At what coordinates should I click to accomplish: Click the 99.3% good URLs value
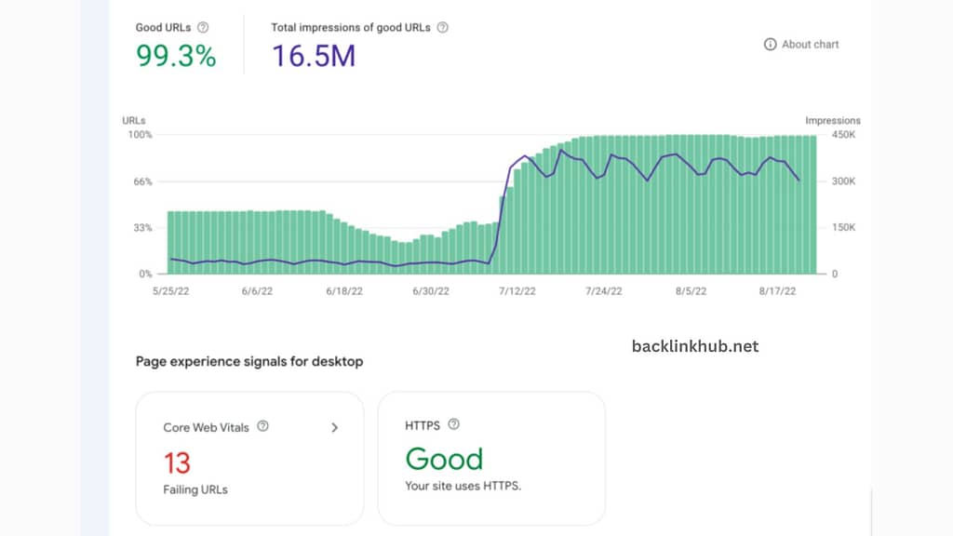pyautogui.click(x=176, y=56)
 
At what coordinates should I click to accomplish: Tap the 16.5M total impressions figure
pyautogui.click(x=314, y=56)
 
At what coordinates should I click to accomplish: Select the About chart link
pyautogui.click(x=801, y=44)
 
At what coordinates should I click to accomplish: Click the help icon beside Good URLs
pyautogui.click(x=202, y=28)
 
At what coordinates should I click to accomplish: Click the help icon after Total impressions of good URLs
pyautogui.click(x=442, y=28)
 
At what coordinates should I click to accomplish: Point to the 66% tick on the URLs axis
pyautogui.click(x=142, y=181)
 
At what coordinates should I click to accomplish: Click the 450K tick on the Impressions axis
pyautogui.click(x=843, y=135)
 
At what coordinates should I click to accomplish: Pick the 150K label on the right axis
pyautogui.click(x=843, y=228)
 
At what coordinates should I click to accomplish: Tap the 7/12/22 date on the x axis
pyautogui.click(x=517, y=290)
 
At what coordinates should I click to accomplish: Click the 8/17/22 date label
pyautogui.click(x=778, y=290)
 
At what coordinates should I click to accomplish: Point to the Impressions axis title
pyautogui.click(x=832, y=120)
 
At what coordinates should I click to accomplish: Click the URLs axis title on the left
pyautogui.click(x=134, y=120)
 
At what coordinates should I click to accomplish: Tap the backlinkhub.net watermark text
pyautogui.click(x=694, y=346)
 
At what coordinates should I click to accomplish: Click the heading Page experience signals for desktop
pyautogui.click(x=249, y=361)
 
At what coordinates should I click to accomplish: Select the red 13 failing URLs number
pyautogui.click(x=177, y=462)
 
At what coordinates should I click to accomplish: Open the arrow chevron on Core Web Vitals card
pyautogui.click(x=335, y=427)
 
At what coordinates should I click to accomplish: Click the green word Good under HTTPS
pyautogui.click(x=444, y=459)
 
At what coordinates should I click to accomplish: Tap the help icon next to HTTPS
pyautogui.click(x=453, y=424)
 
